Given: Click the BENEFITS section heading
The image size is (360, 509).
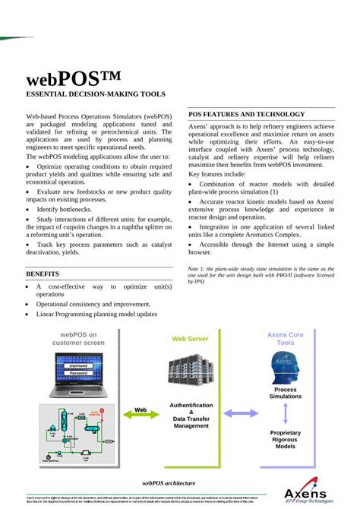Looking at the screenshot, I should tap(43, 273).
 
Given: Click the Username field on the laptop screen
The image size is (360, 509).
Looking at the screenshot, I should tap(78, 366).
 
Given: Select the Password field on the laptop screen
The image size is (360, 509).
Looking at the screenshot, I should tap(78, 373).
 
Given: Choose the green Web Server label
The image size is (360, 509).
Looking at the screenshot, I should tap(190, 339).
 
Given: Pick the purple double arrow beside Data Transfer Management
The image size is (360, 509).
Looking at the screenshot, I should tap(241, 413).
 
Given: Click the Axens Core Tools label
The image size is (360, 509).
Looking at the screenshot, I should tap(285, 338).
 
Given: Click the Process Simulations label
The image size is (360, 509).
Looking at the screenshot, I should tap(286, 393).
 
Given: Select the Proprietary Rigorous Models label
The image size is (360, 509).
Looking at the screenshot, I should tap(286, 439).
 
